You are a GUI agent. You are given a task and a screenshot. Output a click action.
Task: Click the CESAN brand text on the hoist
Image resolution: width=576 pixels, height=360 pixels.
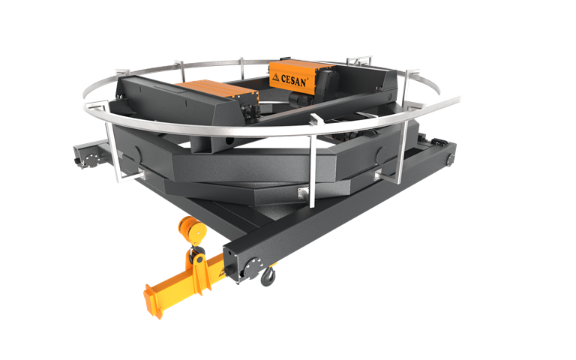point(293,80)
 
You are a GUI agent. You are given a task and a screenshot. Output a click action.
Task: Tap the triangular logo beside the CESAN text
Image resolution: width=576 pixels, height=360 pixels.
point(275,76)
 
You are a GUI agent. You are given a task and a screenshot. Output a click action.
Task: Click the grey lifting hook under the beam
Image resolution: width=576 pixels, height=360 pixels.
point(268,276)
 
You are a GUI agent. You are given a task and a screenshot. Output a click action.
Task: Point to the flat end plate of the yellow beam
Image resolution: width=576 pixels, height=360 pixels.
point(153,301)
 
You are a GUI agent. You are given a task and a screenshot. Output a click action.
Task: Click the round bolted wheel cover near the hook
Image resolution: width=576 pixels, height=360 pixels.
point(253,268)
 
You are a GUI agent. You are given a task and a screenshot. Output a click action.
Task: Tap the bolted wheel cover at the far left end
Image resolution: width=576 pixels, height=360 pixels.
point(90,160)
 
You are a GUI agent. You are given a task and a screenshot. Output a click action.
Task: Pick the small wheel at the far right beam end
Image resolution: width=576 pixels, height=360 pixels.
point(450,160)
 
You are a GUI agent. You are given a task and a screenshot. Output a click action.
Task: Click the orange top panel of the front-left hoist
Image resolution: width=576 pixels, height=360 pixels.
point(217,88)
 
